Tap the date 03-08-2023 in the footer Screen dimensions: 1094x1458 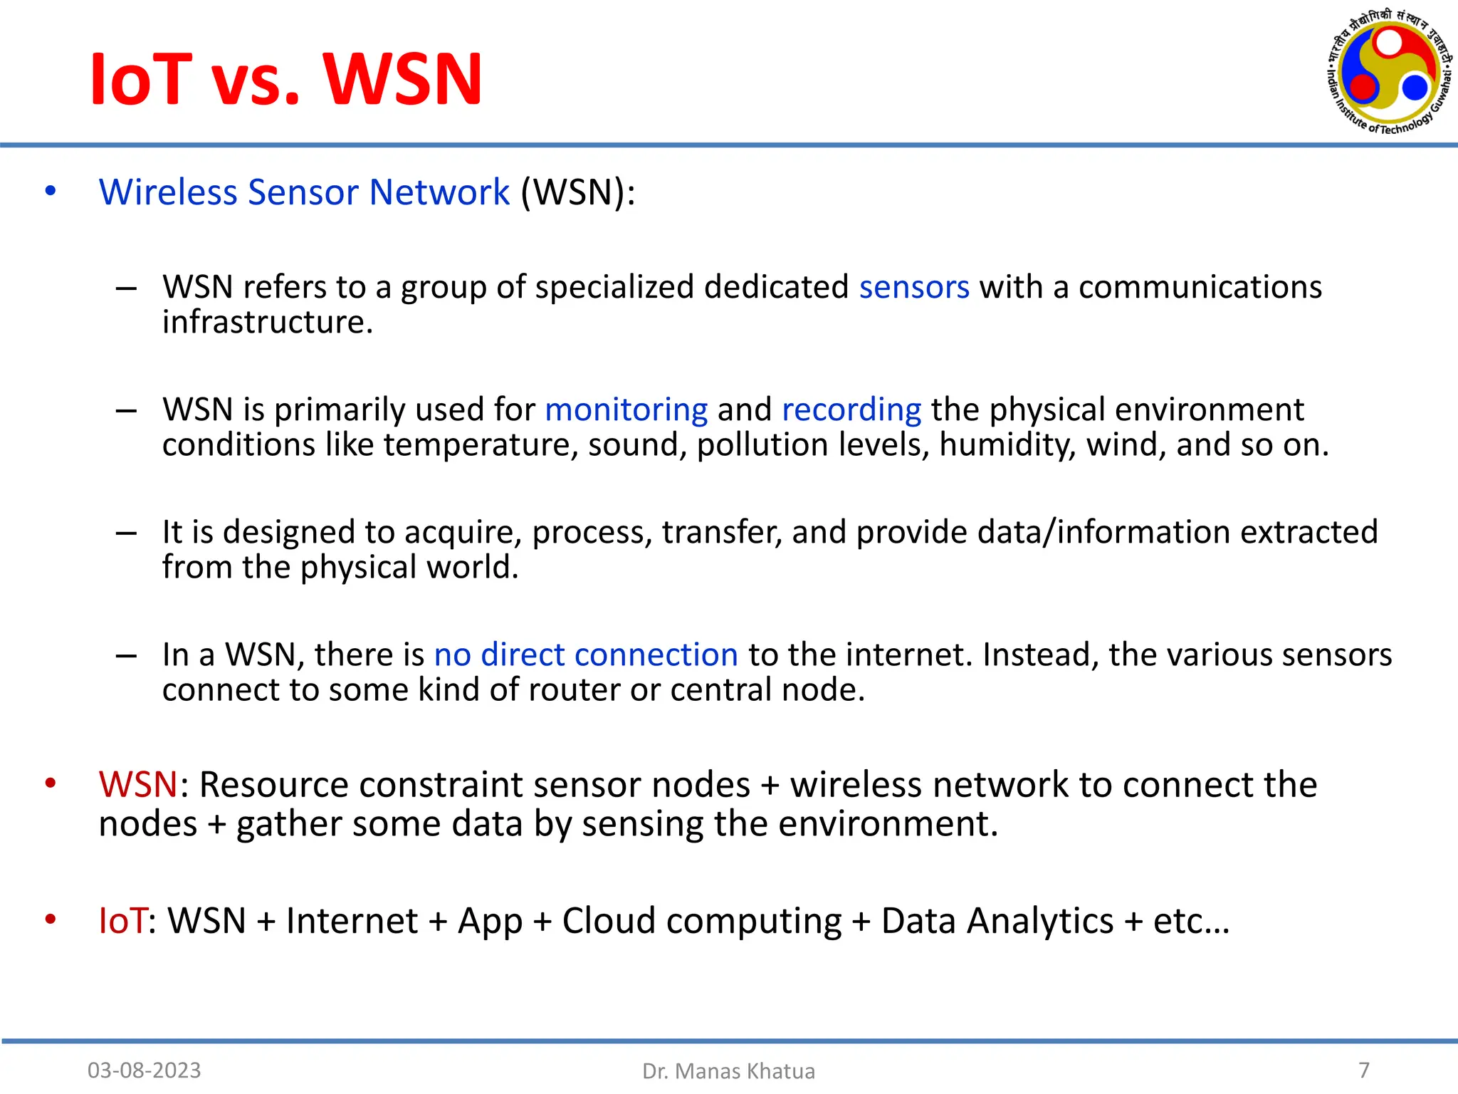coord(144,1070)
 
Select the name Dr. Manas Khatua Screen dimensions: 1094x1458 coord(728,1070)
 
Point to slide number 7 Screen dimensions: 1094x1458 coord(1363,1069)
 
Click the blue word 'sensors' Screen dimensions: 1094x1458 coord(914,287)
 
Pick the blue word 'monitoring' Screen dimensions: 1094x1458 coord(626,410)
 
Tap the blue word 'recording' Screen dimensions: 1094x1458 coord(851,410)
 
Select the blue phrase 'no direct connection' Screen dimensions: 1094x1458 coord(586,655)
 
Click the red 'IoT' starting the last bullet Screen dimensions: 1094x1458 coord(123,920)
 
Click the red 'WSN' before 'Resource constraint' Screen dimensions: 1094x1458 coord(138,785)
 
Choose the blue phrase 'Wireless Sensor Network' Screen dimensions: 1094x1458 coord(304,192)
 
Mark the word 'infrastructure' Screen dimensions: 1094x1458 coord(267,323)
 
